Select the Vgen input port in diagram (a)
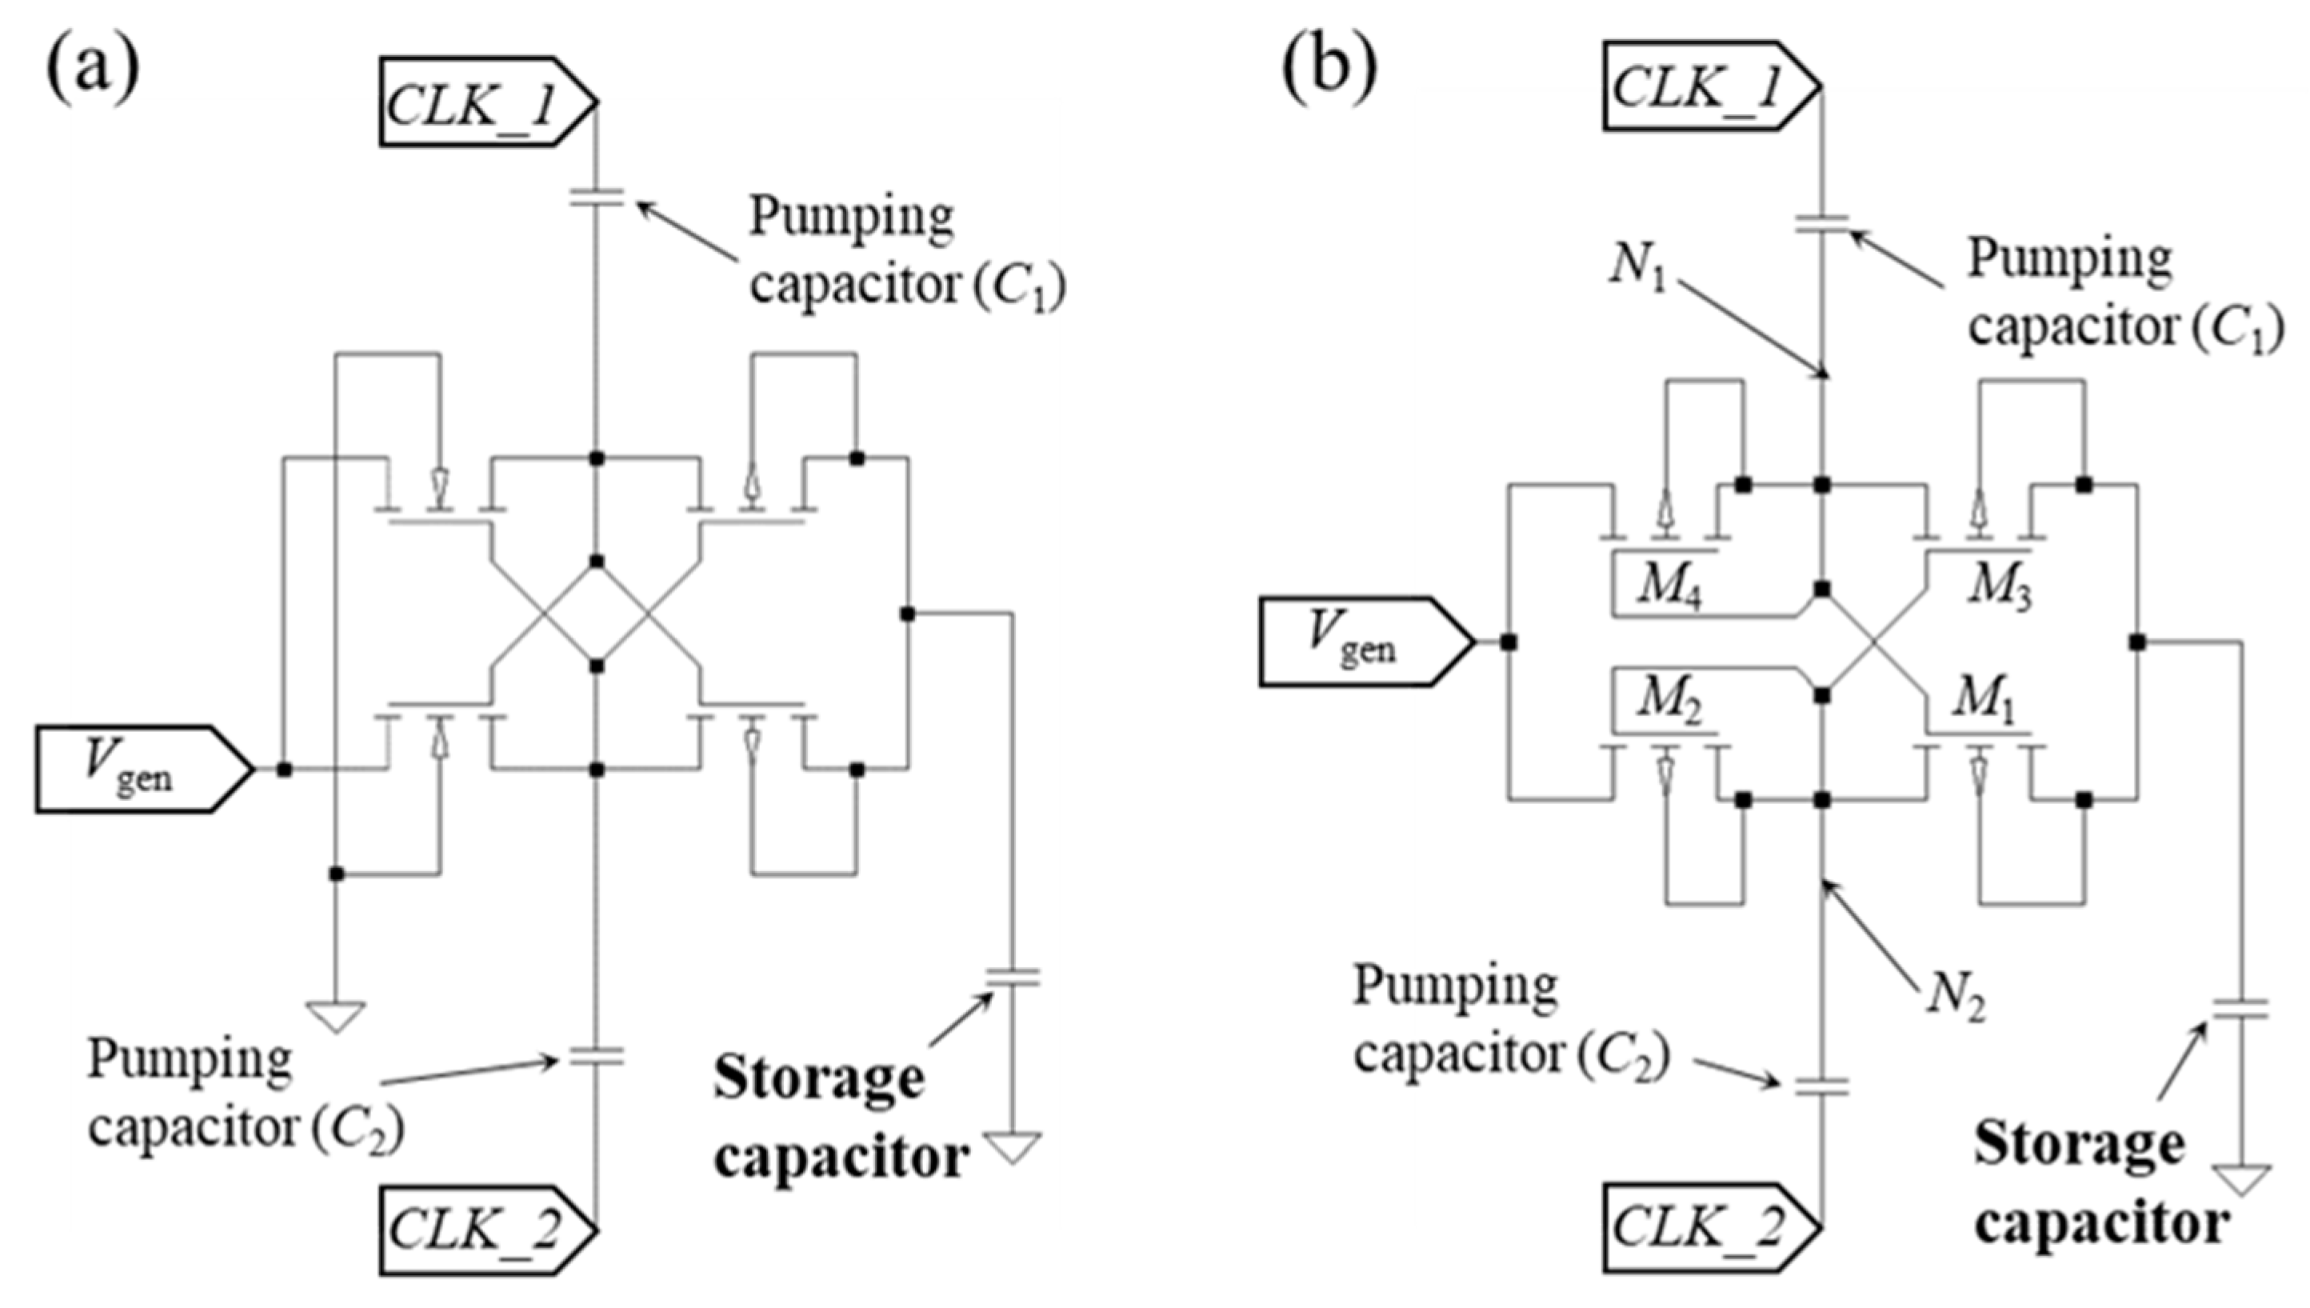click(x=144, y=770)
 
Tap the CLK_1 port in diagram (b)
click(x=1711, y=86)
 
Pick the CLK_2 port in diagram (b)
click(x=1711, y=1227)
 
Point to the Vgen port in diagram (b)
click(x=1365, y=642)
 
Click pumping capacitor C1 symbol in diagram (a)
click(x=595, y=197)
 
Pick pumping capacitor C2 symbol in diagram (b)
click(x=1821, y=1087)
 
